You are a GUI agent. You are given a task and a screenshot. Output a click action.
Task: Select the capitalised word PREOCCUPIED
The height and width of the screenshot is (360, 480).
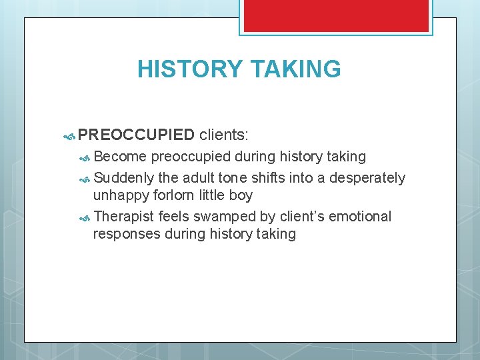click(x=136, y=135)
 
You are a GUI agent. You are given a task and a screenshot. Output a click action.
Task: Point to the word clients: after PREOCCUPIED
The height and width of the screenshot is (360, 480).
click(x=224, y=135)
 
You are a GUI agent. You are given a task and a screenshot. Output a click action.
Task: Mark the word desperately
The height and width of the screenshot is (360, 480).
click(x=367, y=178)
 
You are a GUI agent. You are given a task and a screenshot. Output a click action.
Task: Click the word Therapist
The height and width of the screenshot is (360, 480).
click(x=124, y=217)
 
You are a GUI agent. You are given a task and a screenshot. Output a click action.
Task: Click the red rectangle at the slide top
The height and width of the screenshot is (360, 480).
click(x=336, y=15)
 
